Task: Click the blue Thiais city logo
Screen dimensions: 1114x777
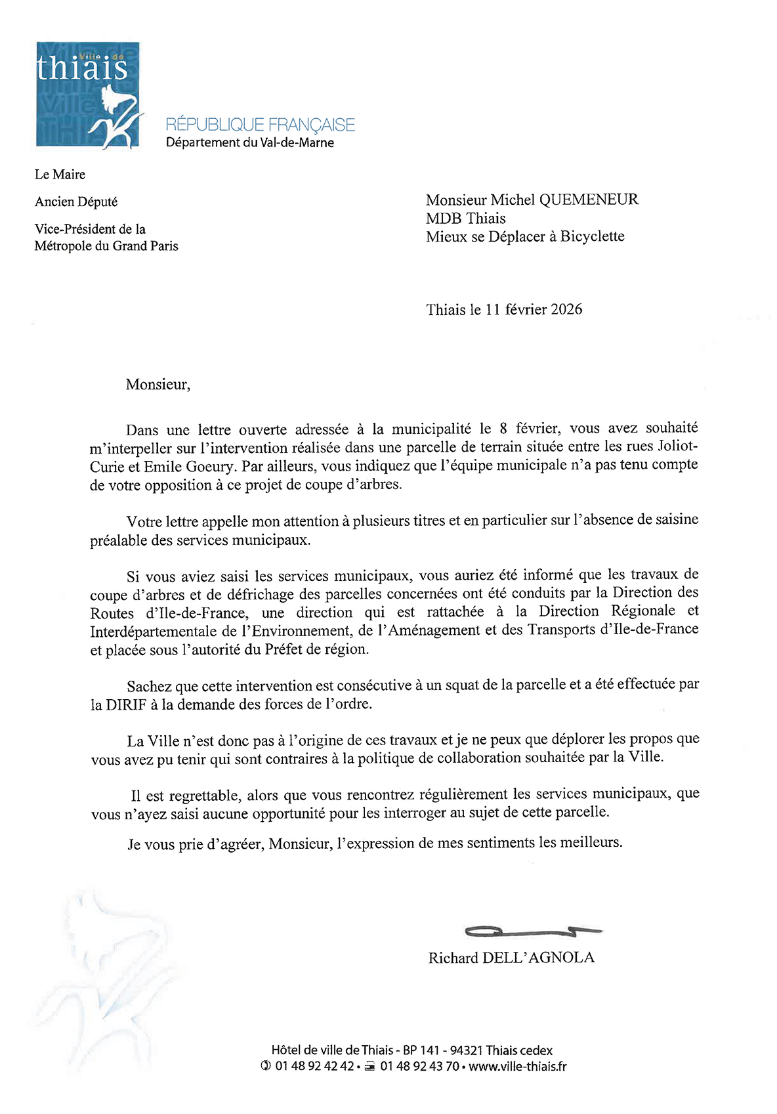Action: [88, 95]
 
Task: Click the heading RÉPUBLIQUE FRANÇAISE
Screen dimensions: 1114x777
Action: [260, 125]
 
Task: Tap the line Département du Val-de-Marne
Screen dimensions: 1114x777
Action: [249, 142]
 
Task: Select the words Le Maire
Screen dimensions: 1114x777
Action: [60, 174]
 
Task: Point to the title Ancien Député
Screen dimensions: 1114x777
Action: [76, 202]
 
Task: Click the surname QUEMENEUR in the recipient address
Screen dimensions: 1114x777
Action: [589, 200]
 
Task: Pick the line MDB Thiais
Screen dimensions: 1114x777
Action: [465, 218]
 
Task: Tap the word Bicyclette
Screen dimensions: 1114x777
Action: [592, 236]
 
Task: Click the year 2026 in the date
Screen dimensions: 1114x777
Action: [566, 309]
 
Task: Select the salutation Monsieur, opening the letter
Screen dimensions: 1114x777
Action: [157, 385]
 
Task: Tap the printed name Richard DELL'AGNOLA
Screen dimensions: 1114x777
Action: [511, 958]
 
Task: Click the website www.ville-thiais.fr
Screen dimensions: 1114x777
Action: [518, 1066]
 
